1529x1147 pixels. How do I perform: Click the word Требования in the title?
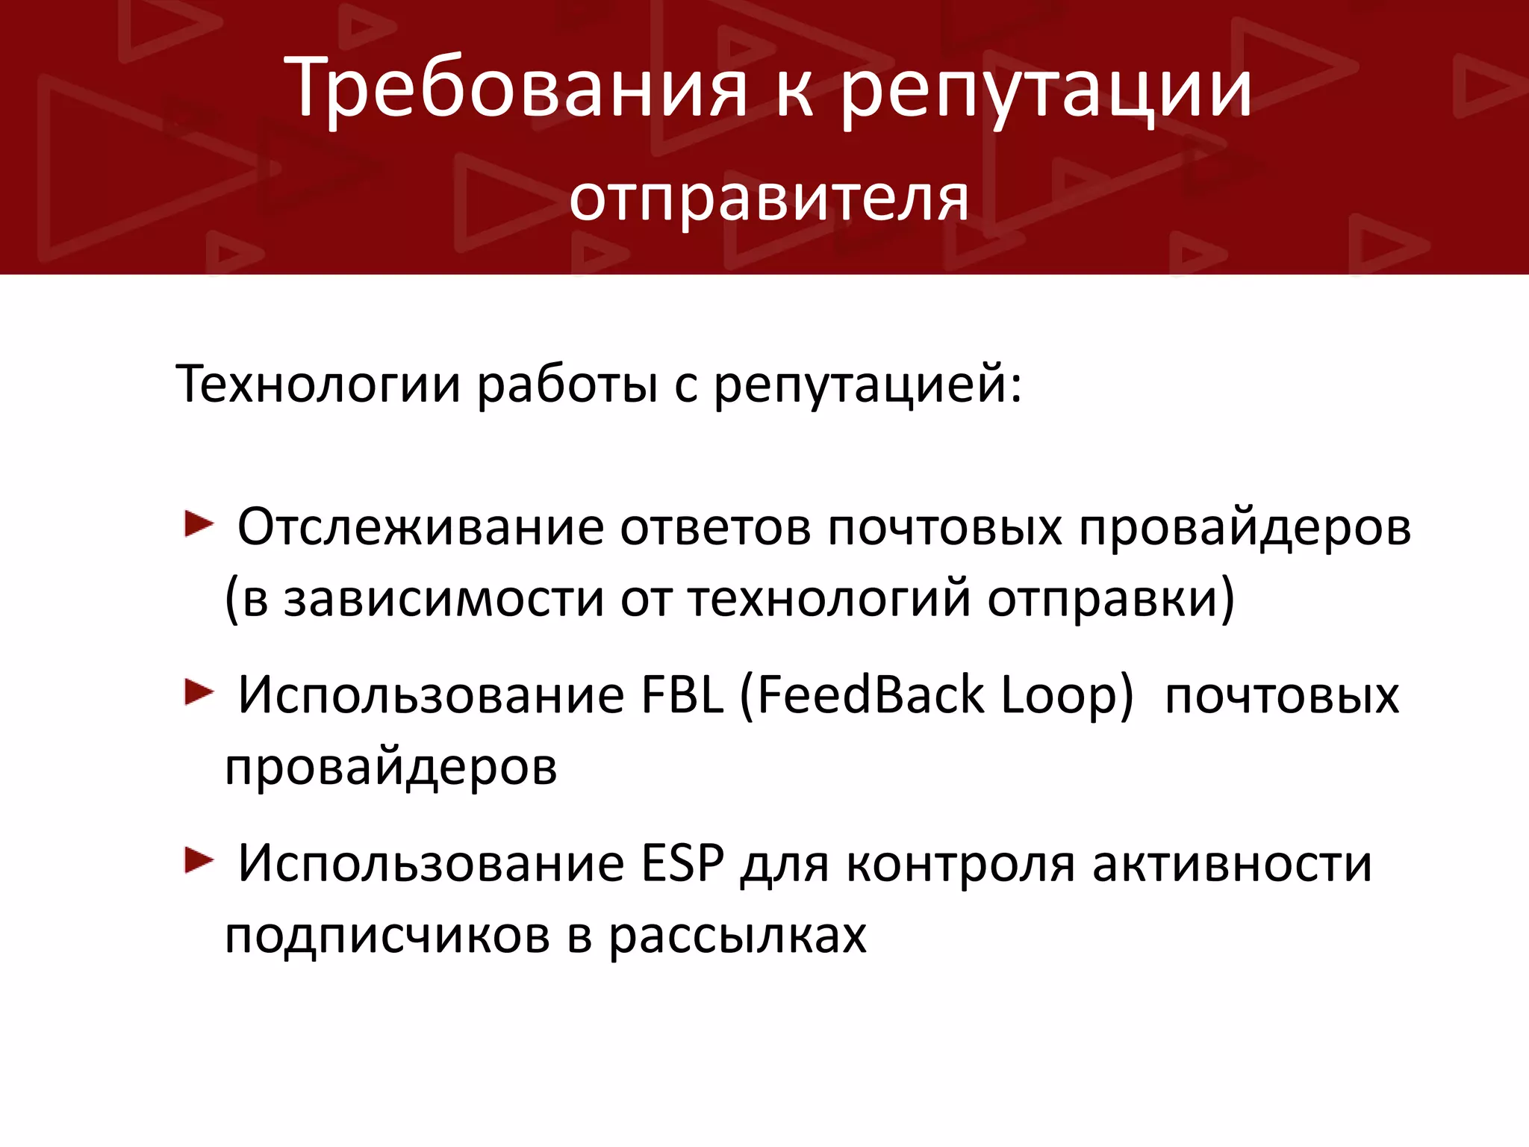(x=515, y=90)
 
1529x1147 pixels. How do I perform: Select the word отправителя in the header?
(x=769, y=199)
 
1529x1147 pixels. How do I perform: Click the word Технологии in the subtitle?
(x=317, y=385)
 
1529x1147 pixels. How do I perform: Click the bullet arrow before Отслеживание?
(x=199, y=524)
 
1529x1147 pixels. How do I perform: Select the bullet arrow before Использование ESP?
(x=199, y=860)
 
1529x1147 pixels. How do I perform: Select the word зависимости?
(x=443, y=600)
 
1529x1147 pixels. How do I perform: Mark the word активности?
(x=1232, y=864)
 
